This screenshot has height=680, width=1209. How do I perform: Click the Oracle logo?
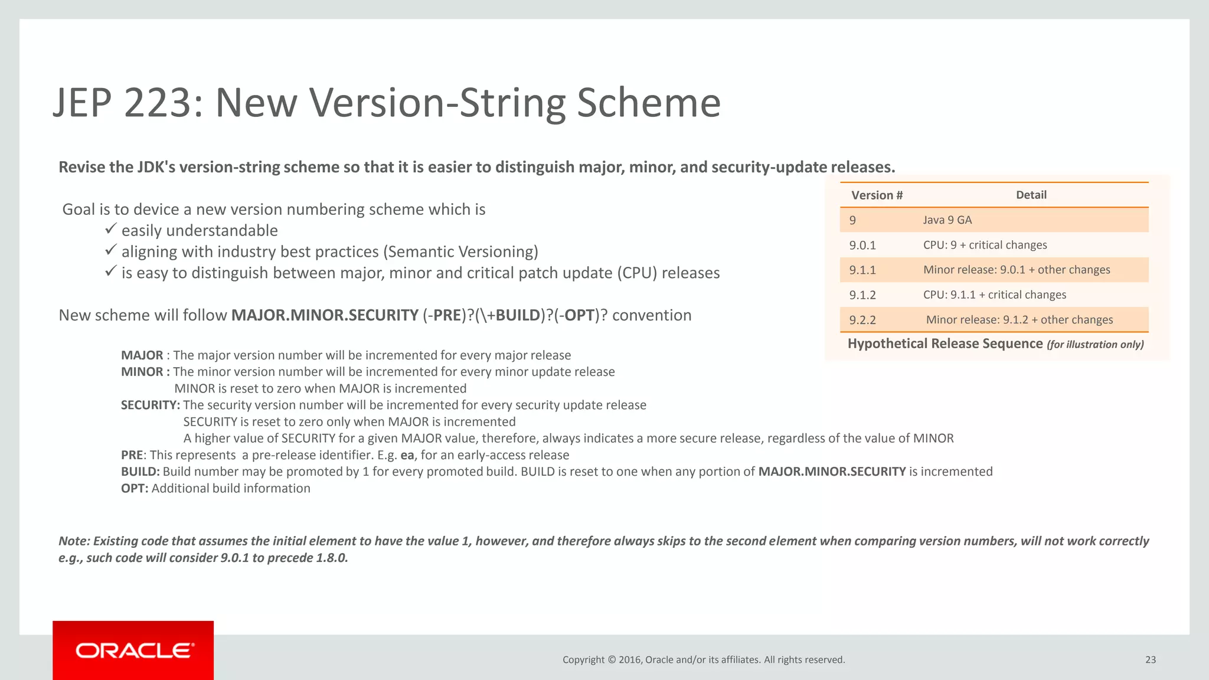[x=134, y=650]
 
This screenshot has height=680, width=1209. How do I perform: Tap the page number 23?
[x=1150, y=660]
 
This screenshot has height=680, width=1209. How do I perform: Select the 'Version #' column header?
[x=877, y=195]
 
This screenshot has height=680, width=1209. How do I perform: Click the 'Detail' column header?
[x=1031, y=195]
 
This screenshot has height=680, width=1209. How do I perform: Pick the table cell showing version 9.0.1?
[x=862, y=245]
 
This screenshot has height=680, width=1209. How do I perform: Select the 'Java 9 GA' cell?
[x=947, y=220]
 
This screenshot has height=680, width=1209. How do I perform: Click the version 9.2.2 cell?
[x=862, y=320]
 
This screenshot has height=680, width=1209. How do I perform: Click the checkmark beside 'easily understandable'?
[x=110, y=229]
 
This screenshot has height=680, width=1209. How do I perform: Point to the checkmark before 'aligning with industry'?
[x=110, y=250]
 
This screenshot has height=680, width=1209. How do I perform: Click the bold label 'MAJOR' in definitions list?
[x=142, y=355]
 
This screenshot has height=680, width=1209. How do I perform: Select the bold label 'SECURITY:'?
[x=150, y=405]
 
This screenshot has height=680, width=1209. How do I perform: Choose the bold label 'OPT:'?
[x=135, y=488]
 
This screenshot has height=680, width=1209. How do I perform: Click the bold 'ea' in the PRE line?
[x=407, y=455]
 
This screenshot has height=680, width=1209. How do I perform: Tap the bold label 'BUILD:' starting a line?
[x=140, y=472]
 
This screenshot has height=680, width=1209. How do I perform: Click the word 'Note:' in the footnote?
[x=74, y=541]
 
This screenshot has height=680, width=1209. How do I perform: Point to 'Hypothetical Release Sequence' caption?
[x=945, y=344]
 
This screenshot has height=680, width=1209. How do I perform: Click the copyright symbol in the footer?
[x=612, y=660]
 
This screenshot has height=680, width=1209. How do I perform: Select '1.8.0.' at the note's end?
[x=332, y=558]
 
